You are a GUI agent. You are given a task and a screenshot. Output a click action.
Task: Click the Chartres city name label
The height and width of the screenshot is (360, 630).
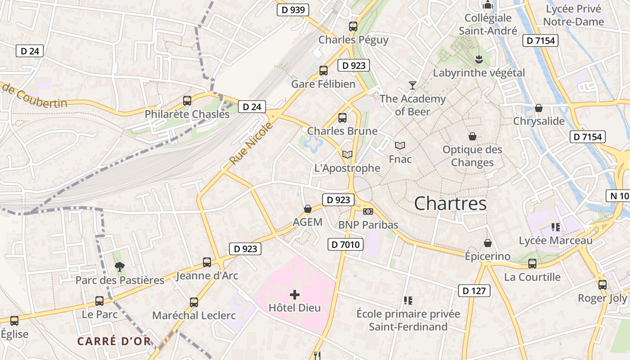pyautogui.click(x=450, y=203)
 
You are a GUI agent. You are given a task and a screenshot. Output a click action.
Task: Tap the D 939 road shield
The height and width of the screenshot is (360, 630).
pyautogui.click(x=292, y=9)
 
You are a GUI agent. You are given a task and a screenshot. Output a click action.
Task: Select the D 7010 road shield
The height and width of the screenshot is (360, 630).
pyautogui.click(x=345, y=244)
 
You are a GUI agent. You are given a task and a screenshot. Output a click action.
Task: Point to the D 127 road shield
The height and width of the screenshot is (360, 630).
pyautogui.click(x=474, y=291)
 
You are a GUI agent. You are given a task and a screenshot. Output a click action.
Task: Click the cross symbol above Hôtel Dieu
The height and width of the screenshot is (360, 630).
pyautogui.click(x=295, y=295)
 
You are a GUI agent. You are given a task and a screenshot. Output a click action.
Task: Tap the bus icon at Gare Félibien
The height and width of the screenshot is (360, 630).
pyautogui.click(x=323, y=71)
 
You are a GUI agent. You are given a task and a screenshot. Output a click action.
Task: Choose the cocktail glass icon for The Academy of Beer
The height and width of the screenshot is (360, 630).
pyautogui.click(x=412, y=85)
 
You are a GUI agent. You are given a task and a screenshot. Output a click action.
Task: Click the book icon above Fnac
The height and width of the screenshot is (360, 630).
pyautogui.click(x=400, y=145)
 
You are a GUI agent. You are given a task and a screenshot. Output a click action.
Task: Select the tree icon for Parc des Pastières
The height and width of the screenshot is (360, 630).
pyautogui.click(x=119, y=267)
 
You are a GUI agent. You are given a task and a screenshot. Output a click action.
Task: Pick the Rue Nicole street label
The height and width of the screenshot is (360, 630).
pyautogui.click(x=251, y=144)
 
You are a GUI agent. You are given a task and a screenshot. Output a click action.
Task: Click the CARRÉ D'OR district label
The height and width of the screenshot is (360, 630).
pyautogui.click(x=114, y=341)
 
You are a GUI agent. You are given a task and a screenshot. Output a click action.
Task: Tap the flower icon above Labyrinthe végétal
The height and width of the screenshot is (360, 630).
pyautogui.click(x=479, y=59)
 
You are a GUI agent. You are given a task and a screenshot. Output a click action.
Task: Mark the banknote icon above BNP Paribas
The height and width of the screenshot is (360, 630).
pyautogui.click(x=368, y=211)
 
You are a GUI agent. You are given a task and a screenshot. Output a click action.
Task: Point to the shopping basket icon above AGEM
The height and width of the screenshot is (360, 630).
pyautogui.click(x=308, y=209)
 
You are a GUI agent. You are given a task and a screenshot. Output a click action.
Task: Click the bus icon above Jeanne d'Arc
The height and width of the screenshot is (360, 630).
pyautogui.click(x=207, y=262)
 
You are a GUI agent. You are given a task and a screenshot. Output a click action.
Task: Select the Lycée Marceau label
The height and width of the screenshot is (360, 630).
pyautogui.click(x=556, y=240)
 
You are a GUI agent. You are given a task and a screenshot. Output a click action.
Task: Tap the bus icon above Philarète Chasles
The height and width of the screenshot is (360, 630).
pyautogui.click(x=187, y=101)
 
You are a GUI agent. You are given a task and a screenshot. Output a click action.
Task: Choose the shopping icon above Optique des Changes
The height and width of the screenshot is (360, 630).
pyautogui.click(x=472, y=136)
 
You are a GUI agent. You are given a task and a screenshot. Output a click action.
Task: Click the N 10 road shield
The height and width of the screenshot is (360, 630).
pyautogui.click(x=618, y=195)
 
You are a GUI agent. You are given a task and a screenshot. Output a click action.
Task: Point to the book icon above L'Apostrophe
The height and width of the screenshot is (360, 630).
pyautogui.click(x=347, y=154)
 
